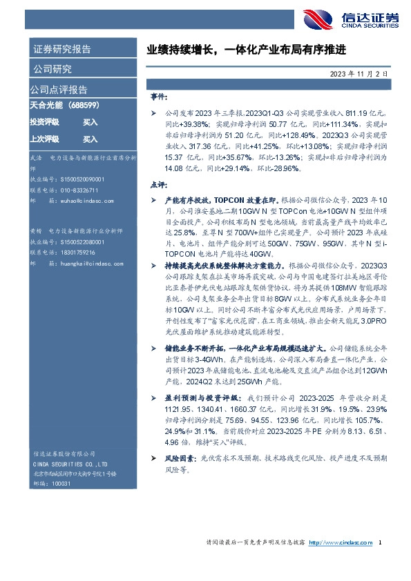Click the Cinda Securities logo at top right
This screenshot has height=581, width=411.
coord(352,19)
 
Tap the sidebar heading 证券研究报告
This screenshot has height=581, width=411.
coord(61,49)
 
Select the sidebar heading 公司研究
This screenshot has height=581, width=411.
coord(52,69)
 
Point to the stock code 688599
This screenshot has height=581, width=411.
coord(83,106)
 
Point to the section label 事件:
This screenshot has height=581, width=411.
coord(158,97)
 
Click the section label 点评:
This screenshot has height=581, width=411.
coord(158,186)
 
